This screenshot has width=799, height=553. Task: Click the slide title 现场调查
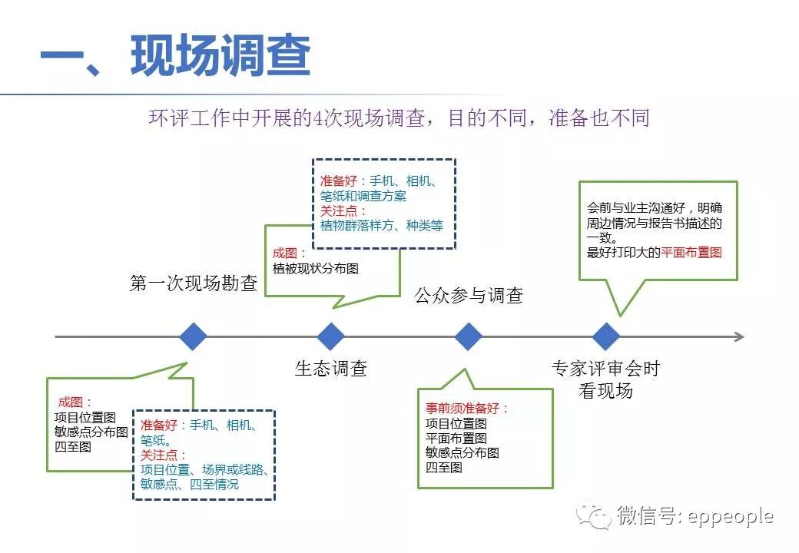(x=220, y=56)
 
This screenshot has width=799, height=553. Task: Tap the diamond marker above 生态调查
(x=331, y=336)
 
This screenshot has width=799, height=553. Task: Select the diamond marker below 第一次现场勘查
(x=193, y=336)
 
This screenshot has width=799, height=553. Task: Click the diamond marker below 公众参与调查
(x=468, y=336)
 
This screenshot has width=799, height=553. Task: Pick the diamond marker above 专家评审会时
(x=606, y=336)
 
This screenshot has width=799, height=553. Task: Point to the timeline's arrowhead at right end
(x=739, y=336)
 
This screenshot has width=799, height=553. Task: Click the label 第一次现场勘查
(x=193, y=283)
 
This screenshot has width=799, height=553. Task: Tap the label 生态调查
(x=331, y=369)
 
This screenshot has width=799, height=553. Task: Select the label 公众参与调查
(x=469, y=295)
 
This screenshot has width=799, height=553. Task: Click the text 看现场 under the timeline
(x=605, y=390)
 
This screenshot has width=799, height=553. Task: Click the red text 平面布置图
(x=691, y=252)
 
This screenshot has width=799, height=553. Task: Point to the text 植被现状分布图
(x=315, y=269)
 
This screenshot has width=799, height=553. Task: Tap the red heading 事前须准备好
(x=467, y=409)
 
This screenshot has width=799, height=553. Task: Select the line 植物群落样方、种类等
(x=382, y=226)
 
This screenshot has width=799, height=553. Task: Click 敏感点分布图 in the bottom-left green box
(x=91, y=432)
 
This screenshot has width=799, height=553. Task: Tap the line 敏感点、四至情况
(x=189, y=484)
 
